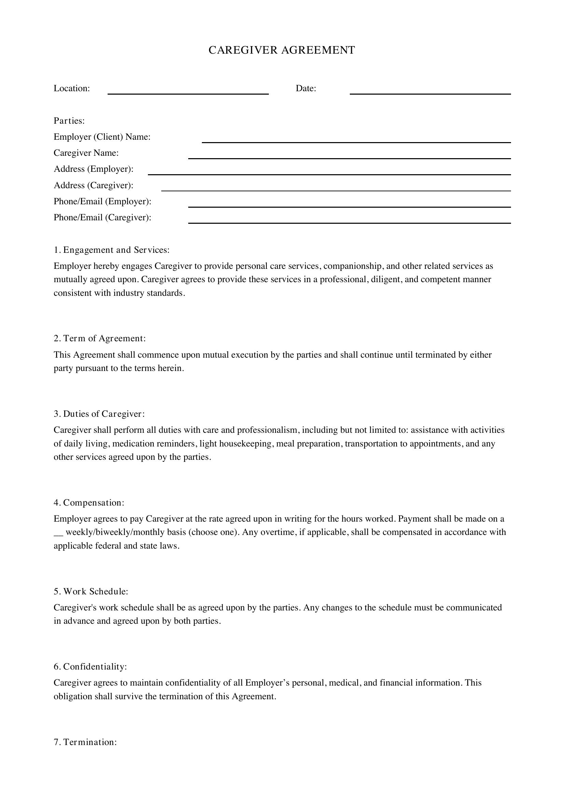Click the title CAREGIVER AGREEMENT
(x=281, y=51)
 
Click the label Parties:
(x=69, y=121)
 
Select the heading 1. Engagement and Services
(x=111, y=250)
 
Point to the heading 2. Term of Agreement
(x=99, y=338)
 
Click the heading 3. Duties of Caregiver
(x=99, y=414)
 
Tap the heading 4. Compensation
(x=89, y=502)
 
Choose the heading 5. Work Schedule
(x=91, y=591)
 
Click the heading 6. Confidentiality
(x=90, y=666)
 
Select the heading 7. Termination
(x=85, y=742)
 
